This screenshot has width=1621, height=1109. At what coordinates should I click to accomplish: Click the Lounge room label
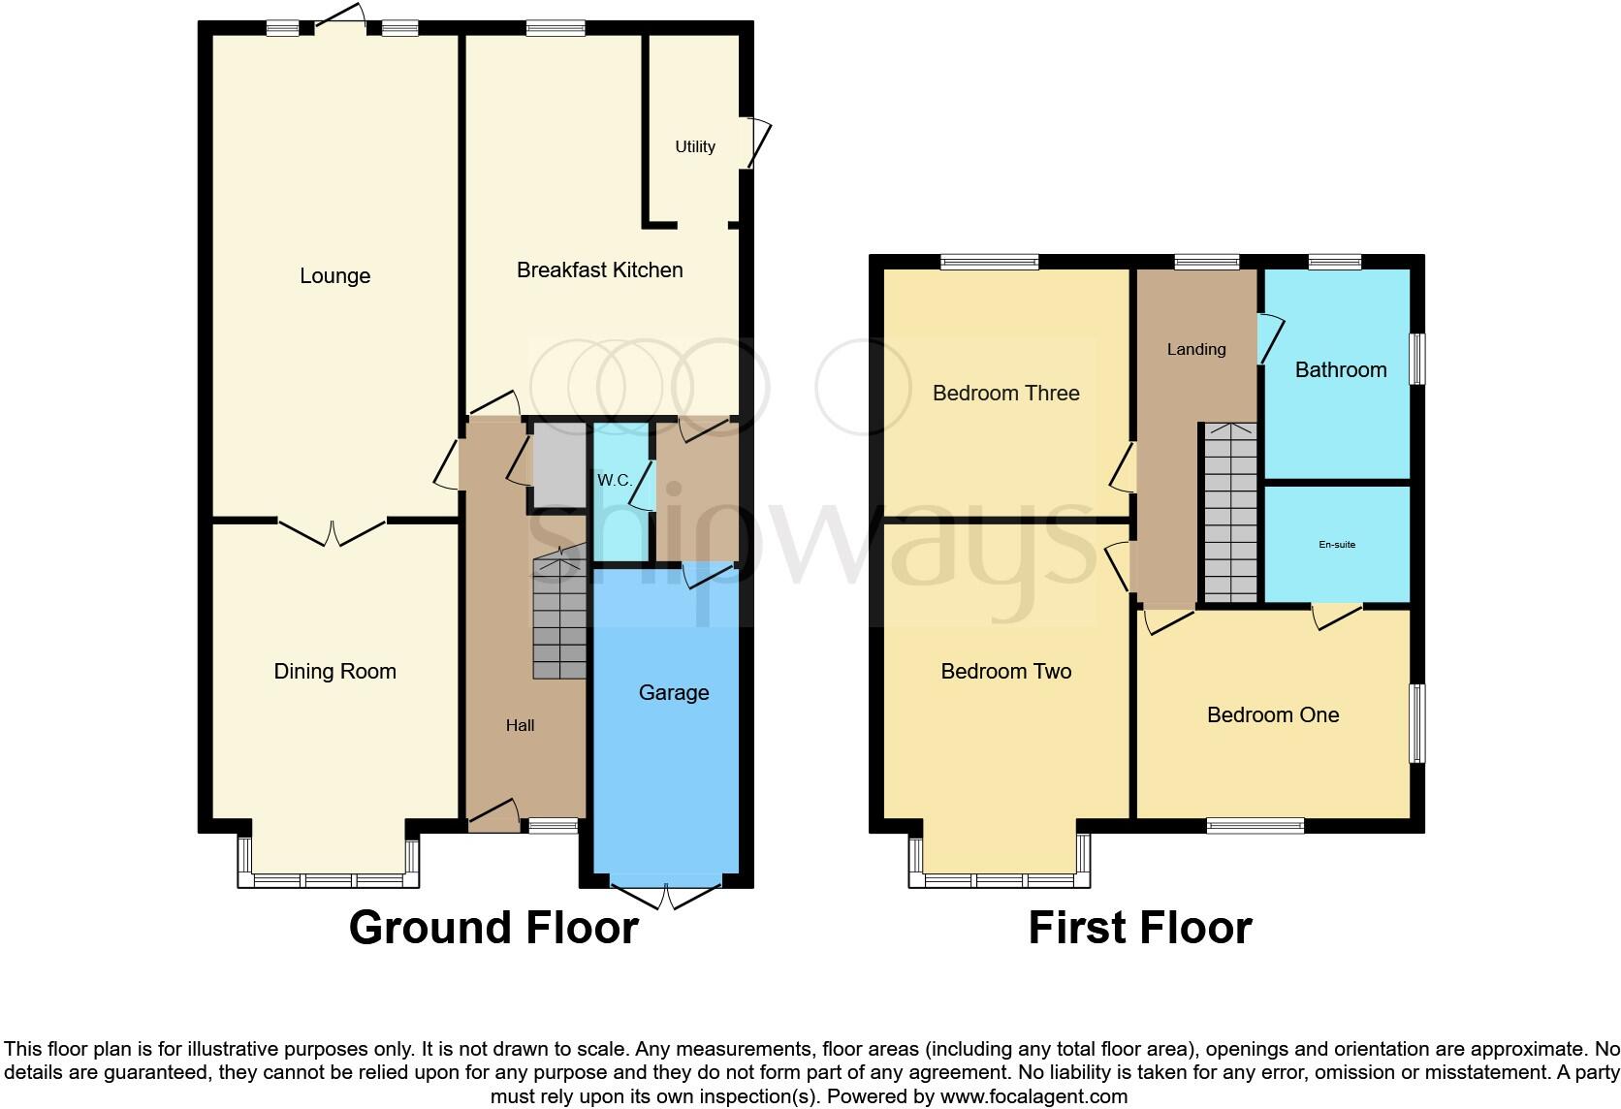tap(334, 276)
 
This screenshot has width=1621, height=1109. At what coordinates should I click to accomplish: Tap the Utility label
tap(695, 146)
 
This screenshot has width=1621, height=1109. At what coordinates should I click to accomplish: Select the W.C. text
tap(614, 481)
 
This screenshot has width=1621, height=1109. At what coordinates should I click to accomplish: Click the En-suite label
tap(1337, 545)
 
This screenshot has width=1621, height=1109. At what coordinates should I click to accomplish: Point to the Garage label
tap(674, 692)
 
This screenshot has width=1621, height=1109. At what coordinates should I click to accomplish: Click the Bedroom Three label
tap(1005, 393)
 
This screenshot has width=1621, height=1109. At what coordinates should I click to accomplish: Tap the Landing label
tap(1196, 349)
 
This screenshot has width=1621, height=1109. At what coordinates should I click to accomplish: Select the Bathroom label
tap(1341, 369)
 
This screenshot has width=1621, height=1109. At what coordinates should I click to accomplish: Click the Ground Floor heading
tap(493, 928)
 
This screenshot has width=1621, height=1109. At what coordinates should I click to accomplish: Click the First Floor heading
tap(1140, 928)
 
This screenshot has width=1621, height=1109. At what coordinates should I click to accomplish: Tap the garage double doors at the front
tap(666, 896)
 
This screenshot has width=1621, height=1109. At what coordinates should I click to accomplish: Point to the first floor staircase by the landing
tap(1229, 514)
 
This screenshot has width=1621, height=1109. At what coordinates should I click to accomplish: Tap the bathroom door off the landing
tap(1270, 339)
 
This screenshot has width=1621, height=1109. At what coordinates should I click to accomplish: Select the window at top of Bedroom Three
tap(989, 261)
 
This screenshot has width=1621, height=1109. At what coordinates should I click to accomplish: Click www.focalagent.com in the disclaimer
tap(1033, 1097)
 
